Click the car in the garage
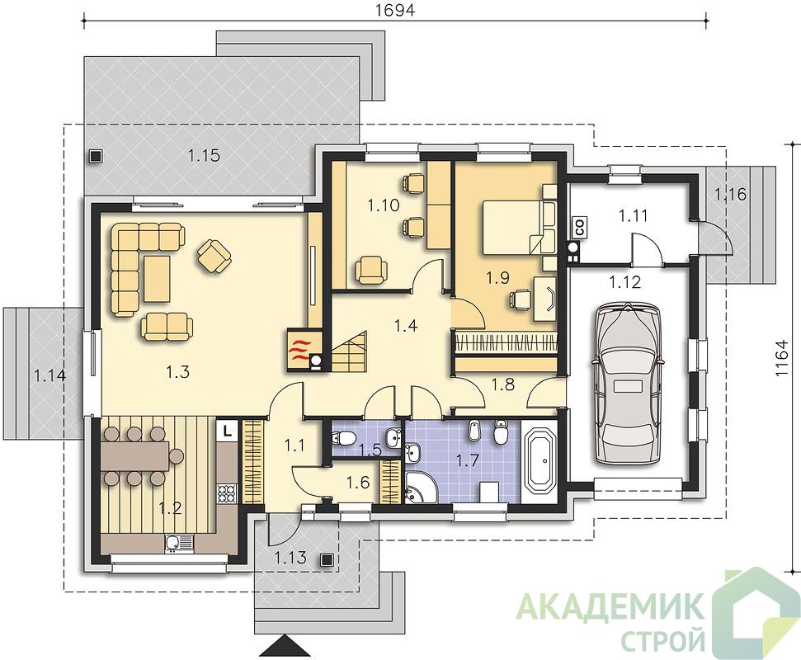tap(627, 383)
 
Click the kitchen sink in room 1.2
tap(179, 543)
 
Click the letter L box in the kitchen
tap(228, 430)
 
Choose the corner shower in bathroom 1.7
tap(421, 485)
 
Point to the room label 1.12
tap(625, 281)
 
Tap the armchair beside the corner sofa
tap(214, 256)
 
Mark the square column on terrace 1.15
tap(95, 156)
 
